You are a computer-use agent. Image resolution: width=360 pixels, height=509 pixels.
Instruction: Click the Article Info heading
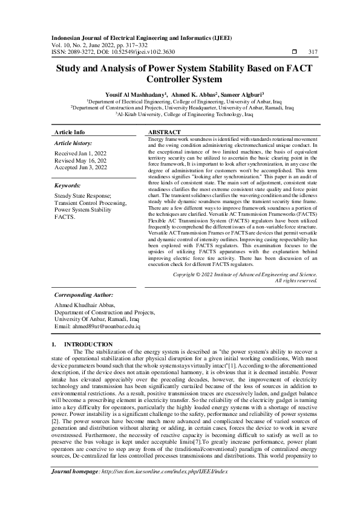click(x=70, y=132)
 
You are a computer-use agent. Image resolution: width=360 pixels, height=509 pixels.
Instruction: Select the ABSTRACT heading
click(x=164, y=132)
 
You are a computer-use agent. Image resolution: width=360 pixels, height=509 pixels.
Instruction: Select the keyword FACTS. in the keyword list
click(x=64, y=215)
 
